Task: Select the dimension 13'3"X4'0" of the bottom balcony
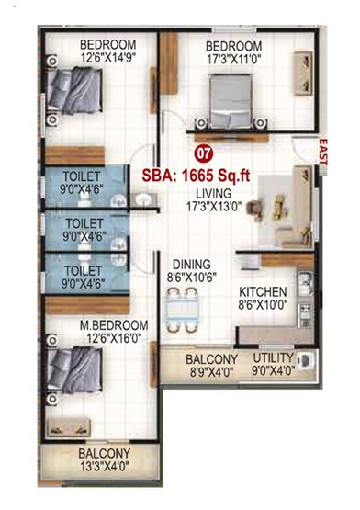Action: coord(104,467)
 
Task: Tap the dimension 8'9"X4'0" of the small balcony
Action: coord(212,372)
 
